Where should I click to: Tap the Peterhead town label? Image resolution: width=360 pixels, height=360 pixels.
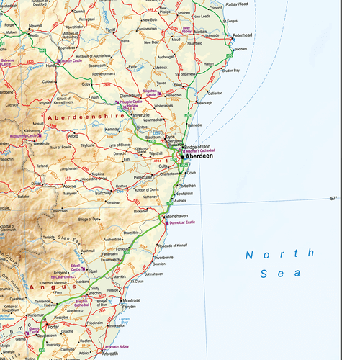242,35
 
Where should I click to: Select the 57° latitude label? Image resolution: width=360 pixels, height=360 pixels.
333,198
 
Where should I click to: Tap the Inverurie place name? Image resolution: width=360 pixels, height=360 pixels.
140,114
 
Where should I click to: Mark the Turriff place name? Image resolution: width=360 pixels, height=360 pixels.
110,30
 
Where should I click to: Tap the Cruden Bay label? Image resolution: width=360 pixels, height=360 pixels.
230,70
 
